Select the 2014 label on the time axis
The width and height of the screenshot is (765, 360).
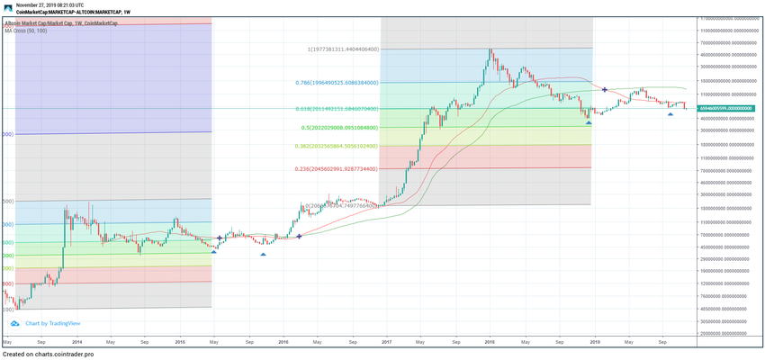pos(76,343)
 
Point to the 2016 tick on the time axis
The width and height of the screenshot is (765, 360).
pos(283,343)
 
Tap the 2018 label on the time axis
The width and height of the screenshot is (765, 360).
pos(490,343)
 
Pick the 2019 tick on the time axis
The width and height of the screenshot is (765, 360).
pos(594,343)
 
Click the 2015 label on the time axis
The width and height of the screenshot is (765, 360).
pos(180,343)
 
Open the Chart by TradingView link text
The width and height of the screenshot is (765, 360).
pos(53,323)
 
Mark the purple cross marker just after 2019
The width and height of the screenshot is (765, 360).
pos(604,89)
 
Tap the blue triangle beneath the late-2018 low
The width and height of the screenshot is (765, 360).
pos(589,121)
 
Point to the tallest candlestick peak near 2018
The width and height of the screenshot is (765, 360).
pos(490,49)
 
